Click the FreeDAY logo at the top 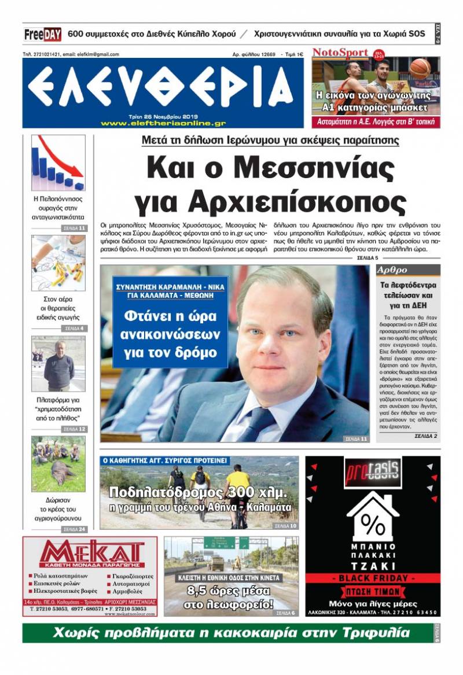43,34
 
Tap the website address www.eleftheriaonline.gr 163,123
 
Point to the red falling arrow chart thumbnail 58,163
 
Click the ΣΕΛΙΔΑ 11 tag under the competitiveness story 74,228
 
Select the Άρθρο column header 393,270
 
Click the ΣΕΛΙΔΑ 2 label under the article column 425,436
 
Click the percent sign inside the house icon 373,525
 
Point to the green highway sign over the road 219,543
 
